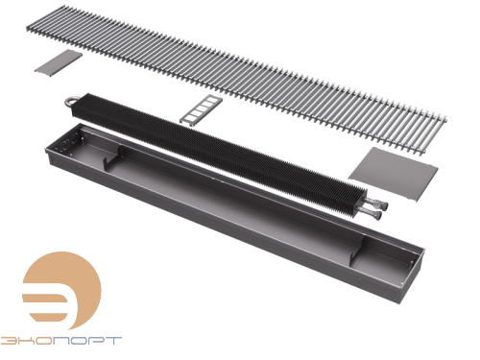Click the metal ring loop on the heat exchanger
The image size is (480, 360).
tap(68, 101)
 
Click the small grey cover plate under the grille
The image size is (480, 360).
tap(59, 62)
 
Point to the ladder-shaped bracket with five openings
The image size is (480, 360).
tap(201, 109)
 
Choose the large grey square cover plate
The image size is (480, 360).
tap(394, 174)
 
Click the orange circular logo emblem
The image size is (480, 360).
tap(61, 291)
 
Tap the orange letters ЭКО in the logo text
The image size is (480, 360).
tap(26, 341)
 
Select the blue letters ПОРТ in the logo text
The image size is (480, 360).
tap(87, 341)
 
